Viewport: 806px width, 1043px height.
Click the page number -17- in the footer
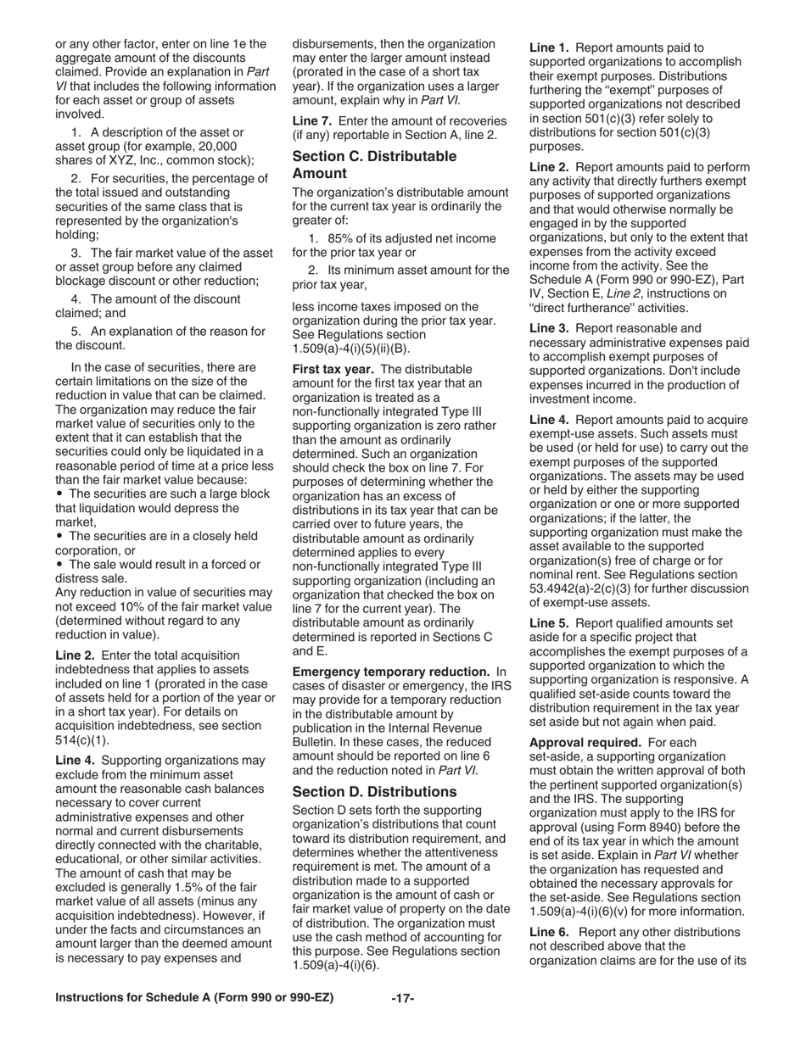point(402,998)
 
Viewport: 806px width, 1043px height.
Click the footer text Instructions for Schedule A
point(194,998)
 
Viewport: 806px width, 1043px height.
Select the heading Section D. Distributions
point(374,791)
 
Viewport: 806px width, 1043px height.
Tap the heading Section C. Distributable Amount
point(374,165)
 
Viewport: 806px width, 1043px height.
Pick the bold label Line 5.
point(549,622)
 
